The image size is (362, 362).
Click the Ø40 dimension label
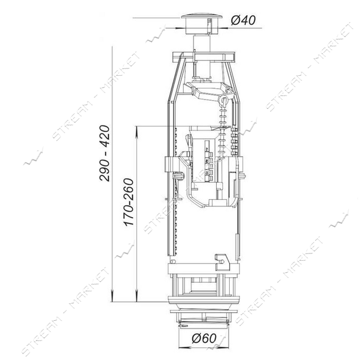243,21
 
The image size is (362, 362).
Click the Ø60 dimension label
204,338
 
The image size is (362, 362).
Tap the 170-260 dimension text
128,202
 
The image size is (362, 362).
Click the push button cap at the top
202,24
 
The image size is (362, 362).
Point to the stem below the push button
202,44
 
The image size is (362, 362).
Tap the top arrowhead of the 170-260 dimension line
137,132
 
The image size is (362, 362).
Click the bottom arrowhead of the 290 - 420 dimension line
112,296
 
